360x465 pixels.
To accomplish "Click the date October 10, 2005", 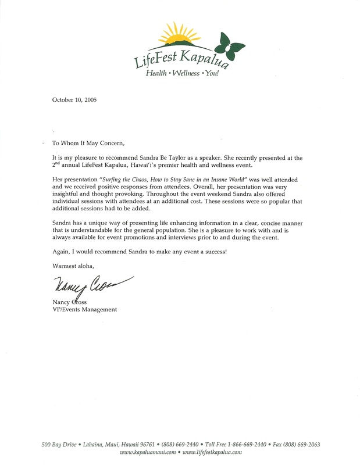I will coord(74,99).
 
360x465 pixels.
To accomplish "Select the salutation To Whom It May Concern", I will coord(88,143).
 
